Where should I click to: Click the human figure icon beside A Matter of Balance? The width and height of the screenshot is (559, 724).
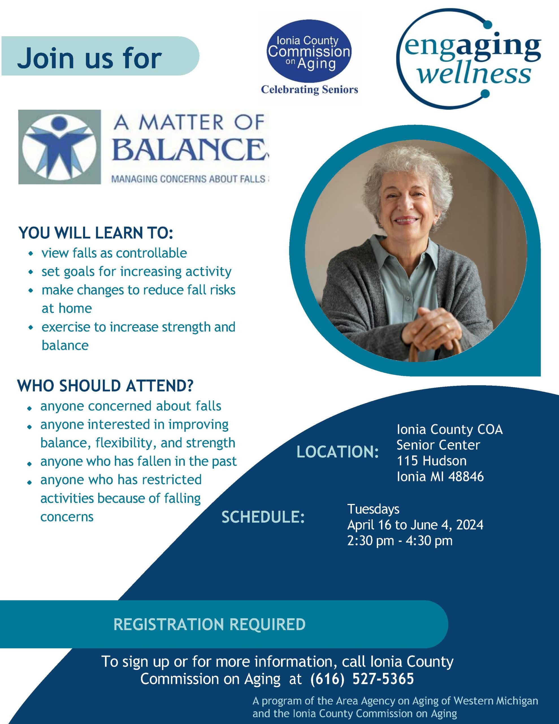tap(60, 146)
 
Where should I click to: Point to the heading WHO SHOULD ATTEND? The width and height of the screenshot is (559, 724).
tap(105, 386)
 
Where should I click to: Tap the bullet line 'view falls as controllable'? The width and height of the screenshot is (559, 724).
tap(114, 253)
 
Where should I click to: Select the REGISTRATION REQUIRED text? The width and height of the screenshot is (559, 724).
tap(209, 624)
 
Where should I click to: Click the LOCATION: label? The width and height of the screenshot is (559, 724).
tap(338, 452)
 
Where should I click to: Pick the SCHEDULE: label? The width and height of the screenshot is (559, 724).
tap(263, 517)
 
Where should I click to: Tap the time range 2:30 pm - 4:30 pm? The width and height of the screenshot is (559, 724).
tap(400, 541)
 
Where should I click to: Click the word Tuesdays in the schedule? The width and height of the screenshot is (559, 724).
tap(373, 509)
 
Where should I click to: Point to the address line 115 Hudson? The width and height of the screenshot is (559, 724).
tap(432, 461)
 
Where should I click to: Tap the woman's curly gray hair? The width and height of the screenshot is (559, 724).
tap(413, 173)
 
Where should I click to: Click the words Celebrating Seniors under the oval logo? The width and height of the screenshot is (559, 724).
tap(309, 89)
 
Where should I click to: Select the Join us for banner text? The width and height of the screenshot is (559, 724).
tap(90, 58)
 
